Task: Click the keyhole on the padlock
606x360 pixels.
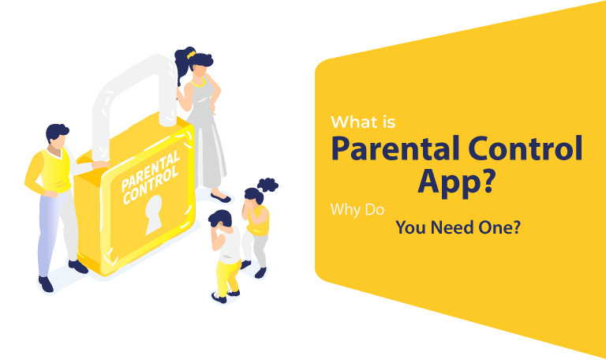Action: (154, 215)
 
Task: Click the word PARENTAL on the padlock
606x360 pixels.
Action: (151, 171)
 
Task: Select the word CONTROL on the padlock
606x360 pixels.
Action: (151, 185)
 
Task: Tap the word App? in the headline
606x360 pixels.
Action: (456, 182)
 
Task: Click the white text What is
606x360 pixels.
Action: (363, 122)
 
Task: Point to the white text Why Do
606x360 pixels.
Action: (357, 209)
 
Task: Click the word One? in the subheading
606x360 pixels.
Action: (499, 227)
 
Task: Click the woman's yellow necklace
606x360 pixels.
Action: (198, 83)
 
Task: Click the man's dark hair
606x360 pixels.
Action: (57, 132)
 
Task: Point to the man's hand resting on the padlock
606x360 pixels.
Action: (100, 165)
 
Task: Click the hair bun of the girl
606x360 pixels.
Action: (267, 185)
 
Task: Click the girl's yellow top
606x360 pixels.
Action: (258, 220)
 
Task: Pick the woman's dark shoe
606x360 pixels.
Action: (221, 197)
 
